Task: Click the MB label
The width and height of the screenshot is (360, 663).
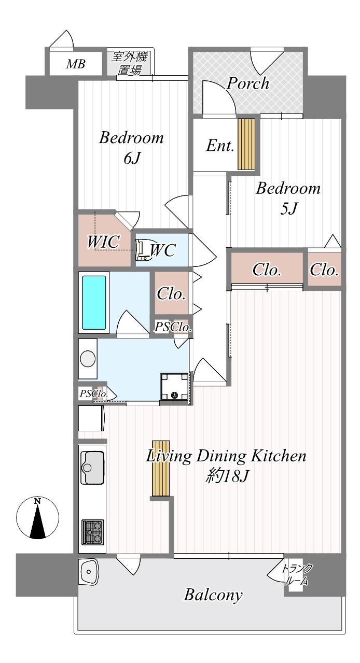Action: click(76, 64)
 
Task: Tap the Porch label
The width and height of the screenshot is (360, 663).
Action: click(248, 83)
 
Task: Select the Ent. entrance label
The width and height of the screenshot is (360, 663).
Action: click(220, 146)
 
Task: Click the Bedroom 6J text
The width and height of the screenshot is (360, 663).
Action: click(131, 148)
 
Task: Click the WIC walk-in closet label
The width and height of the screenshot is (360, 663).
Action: click(104, 242)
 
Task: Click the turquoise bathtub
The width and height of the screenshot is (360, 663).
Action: click(94, 303)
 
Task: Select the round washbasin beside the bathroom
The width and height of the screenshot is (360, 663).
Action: click(88, 359)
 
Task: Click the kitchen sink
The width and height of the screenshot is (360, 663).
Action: click(92, 468)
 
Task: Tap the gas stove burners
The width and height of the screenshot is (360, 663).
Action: click(93, 532)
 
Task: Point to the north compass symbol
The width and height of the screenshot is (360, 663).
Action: click(37, 518)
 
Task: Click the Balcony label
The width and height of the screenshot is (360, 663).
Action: click(213, 595)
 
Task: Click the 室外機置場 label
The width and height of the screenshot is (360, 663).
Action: click(129, 63)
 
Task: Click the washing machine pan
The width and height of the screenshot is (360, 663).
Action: click(174, 387)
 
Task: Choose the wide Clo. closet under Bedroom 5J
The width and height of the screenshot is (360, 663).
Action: click(267, 270)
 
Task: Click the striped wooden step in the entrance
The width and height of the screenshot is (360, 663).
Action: click(246, 144)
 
